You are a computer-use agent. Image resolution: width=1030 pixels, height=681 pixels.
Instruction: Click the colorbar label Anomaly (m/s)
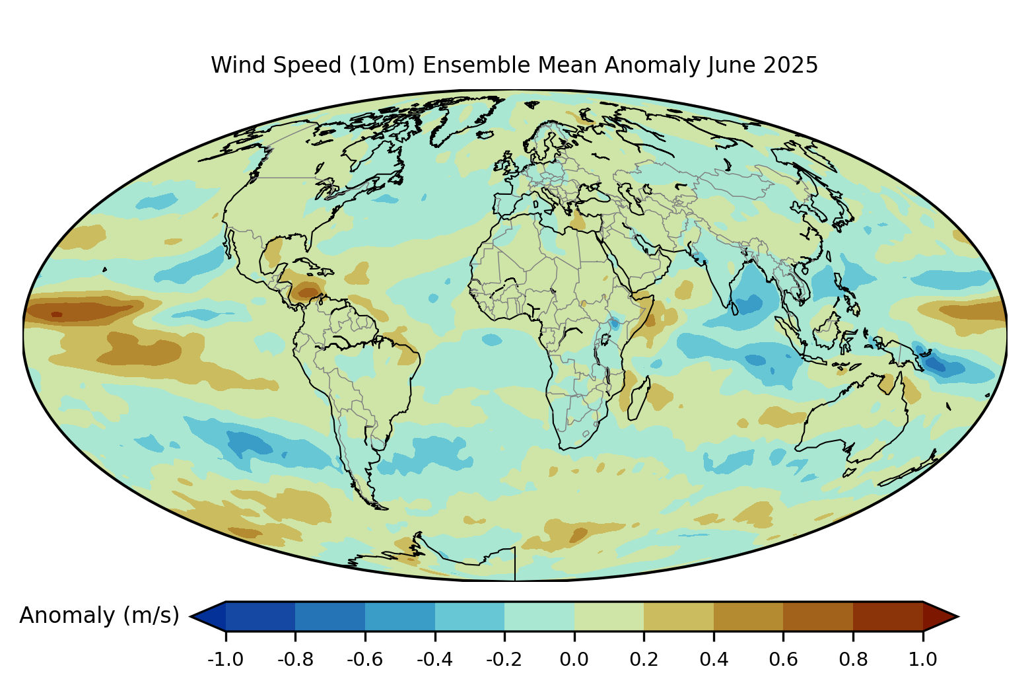pyautogui.click(x=99, y=616)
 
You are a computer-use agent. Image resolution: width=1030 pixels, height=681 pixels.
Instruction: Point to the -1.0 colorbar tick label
pyautogui.click(x=226, y=659)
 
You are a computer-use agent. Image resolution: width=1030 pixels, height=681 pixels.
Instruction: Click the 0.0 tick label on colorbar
pyautogui.click(x=574, y=659)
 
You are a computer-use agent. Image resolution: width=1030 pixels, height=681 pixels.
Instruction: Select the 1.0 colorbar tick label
pyautogui.click(x=923, y=659)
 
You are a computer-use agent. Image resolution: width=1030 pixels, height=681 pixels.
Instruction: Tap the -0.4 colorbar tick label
pyautogui.click(x=435, y=659)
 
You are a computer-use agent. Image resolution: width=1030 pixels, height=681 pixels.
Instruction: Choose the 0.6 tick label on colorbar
pyautogui.click(x=783, y=659)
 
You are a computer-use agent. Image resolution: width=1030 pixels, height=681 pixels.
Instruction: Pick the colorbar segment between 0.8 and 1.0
pyautogui.click(x=888, y=616)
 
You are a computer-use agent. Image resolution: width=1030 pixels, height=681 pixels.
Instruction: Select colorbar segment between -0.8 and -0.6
pyautogui.click(x=330, y=616)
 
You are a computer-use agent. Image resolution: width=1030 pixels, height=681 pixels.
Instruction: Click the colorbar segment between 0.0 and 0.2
pyautogui.click(x=609, y=616)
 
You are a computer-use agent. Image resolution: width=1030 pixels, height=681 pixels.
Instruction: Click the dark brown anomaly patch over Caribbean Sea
pyautogui.click(x=308, y=290)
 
